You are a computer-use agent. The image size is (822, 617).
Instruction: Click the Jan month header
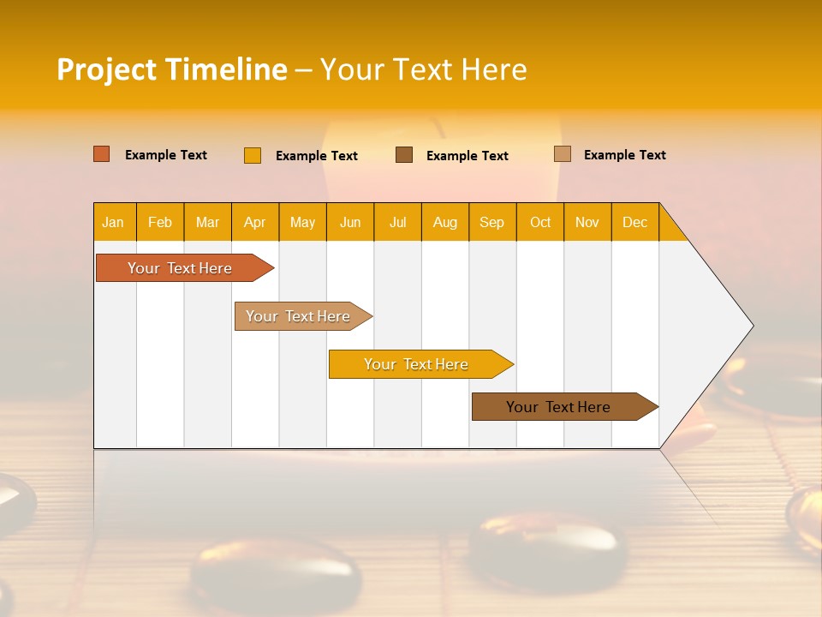tap(113, 222)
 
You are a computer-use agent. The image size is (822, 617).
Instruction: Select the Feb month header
tap(160, 222)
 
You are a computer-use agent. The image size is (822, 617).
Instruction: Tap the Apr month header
tap(254, 222)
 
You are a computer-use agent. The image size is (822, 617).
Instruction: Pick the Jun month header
tap(350, 222)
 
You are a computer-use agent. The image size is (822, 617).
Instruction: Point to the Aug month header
tap(444, 222)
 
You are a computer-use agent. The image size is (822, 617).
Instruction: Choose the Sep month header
tap(491, 222)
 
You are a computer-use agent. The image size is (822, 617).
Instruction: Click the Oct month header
tap(540, 222)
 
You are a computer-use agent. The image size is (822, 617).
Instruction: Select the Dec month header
tap(634, 222)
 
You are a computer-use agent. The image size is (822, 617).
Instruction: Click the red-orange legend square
tap(102, 154)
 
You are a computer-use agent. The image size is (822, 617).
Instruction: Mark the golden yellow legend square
tap(253, 155)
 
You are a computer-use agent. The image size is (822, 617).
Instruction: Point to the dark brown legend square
tap(404, 155)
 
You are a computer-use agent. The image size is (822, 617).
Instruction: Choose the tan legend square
tap(563, 154)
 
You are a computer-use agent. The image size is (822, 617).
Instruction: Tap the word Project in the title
tap(107, 69)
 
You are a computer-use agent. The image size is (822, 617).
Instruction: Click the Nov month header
tap(587, 222)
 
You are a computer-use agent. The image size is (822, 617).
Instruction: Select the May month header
tap(302, 222)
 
